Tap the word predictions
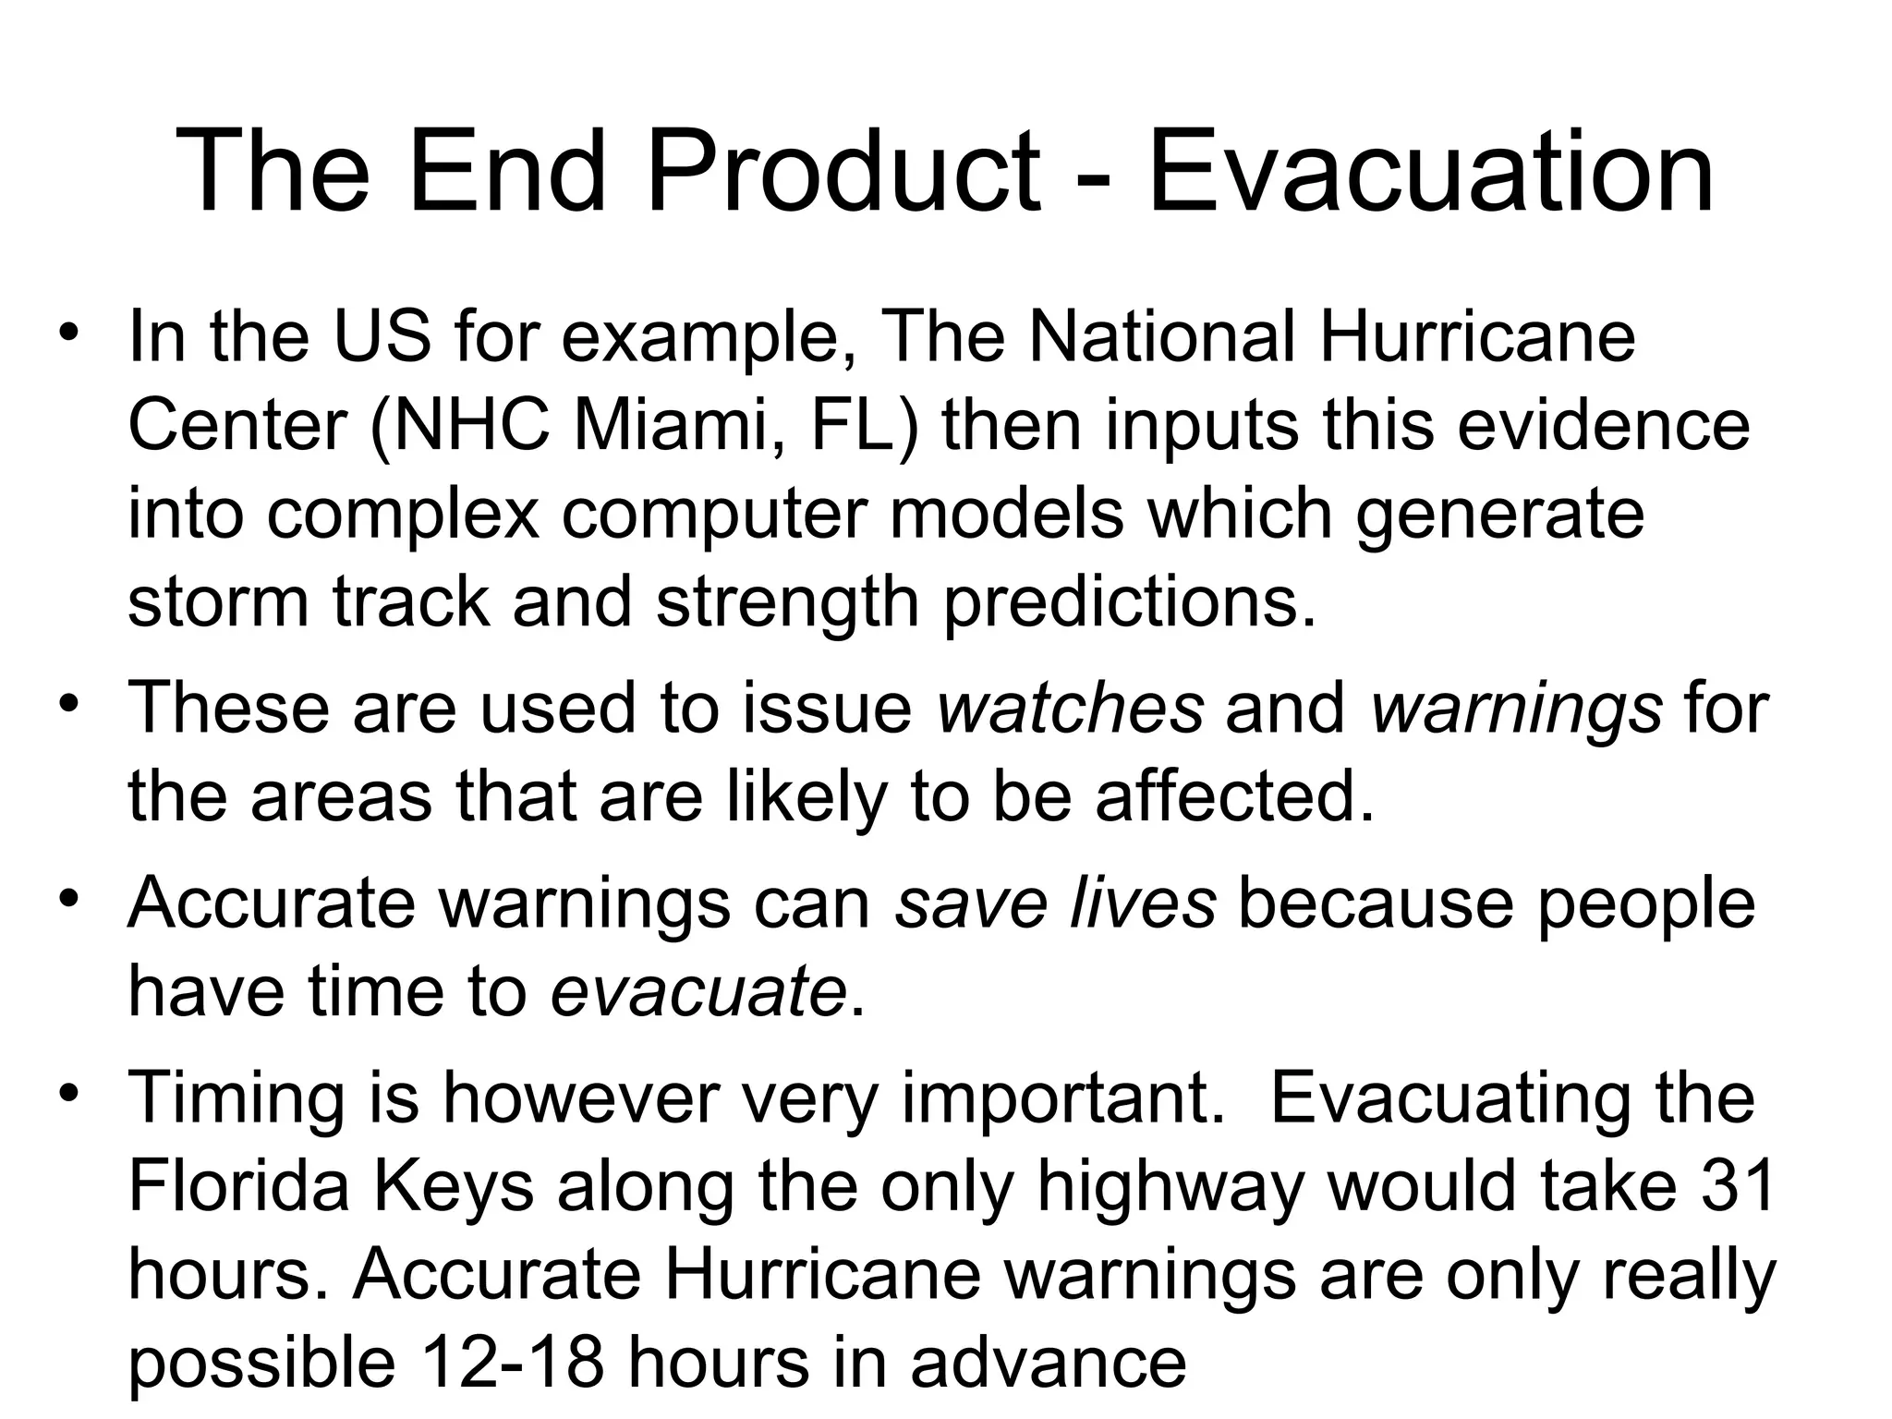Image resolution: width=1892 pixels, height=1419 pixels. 1129,601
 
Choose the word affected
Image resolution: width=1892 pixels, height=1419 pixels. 1234,796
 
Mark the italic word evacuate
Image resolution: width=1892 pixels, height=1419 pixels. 698,991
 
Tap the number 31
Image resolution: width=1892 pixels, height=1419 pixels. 1737,1185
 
